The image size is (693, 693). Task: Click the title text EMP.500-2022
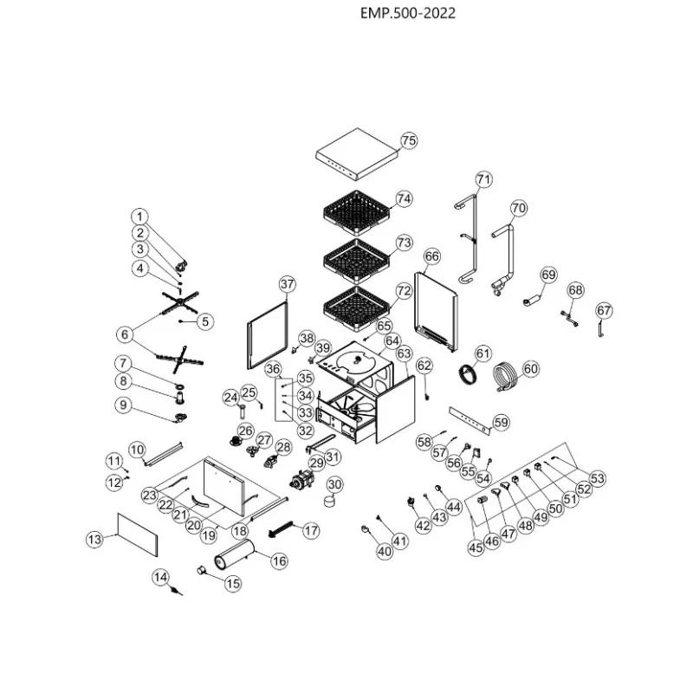(x=407, y=14)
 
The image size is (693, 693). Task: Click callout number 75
(x=409, y=140)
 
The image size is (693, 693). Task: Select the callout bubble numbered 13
(x=94, y=539)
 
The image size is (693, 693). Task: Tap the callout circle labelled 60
(x=531, y=369)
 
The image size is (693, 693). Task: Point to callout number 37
(x=288, y=284)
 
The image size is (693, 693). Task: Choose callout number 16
(x=279, y=561)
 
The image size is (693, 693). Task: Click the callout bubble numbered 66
(x=432, y=256)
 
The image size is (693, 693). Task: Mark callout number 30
(x=334, y=484)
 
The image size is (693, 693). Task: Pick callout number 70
(x=518, y=208)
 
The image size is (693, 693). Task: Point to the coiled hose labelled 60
(x=505, y=377)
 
